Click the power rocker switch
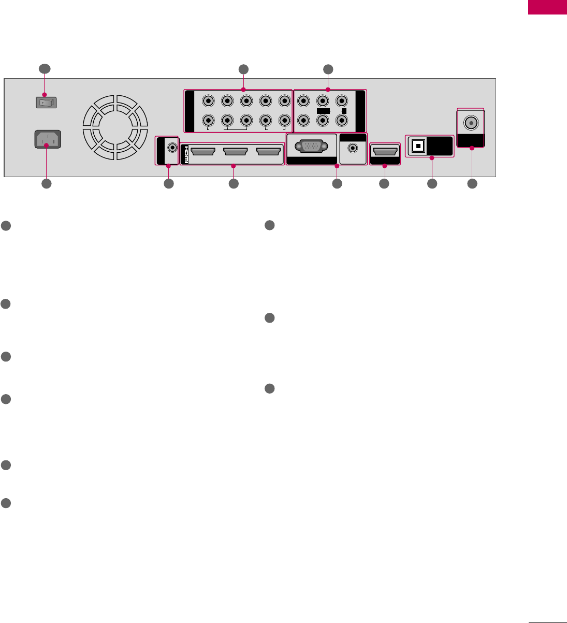(46, 102)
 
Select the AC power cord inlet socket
(47, 140)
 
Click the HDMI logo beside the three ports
(185, 154)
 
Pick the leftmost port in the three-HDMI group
(203, 152)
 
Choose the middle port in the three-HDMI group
(236, 152)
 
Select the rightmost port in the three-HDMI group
(268, 152)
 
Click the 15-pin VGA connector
(311, 147)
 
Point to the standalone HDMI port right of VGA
(385, 152)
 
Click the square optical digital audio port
(417, 147)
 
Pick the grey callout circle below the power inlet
(46, 183)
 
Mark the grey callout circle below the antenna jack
(472, 183)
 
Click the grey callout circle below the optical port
(431, 183)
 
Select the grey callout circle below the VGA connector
(337, 183)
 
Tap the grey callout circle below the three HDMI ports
(233, 183)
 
